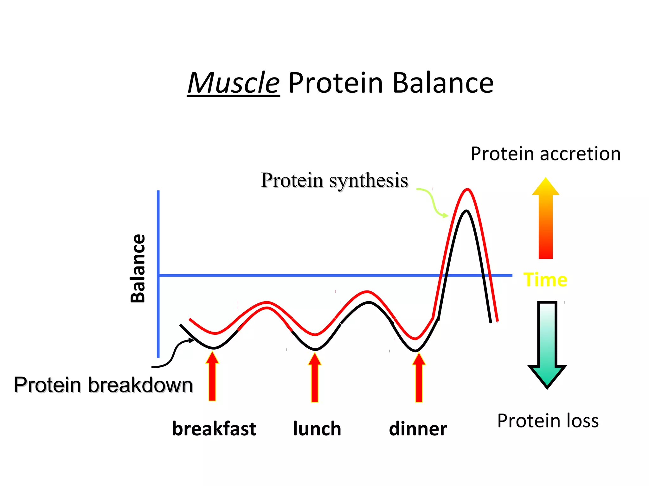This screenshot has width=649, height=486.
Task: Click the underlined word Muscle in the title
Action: [x=234, y=83]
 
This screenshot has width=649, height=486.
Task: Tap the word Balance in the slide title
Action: [x=443, y=83]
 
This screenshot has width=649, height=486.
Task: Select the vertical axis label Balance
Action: [x=138, y=268]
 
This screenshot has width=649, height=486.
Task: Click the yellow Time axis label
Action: [x=545, y=280]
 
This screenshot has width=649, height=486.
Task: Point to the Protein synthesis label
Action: [x=334, y=180]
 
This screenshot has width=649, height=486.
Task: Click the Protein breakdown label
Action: [x=103, y=385]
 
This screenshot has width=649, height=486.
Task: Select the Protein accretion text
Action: [x=545, y=154]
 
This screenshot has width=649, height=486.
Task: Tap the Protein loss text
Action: [x=548, y=421]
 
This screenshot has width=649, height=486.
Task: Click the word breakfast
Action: [x=214, y=429]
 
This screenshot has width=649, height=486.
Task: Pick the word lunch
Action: [x=317, y=429]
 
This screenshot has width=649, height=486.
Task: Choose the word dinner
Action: [x=418, y=429]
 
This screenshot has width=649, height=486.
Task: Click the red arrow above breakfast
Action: [x=212, y=378]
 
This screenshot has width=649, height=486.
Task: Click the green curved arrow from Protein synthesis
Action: [x=432, y=201]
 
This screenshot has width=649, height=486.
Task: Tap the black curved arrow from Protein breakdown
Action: [x=173, y=354]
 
